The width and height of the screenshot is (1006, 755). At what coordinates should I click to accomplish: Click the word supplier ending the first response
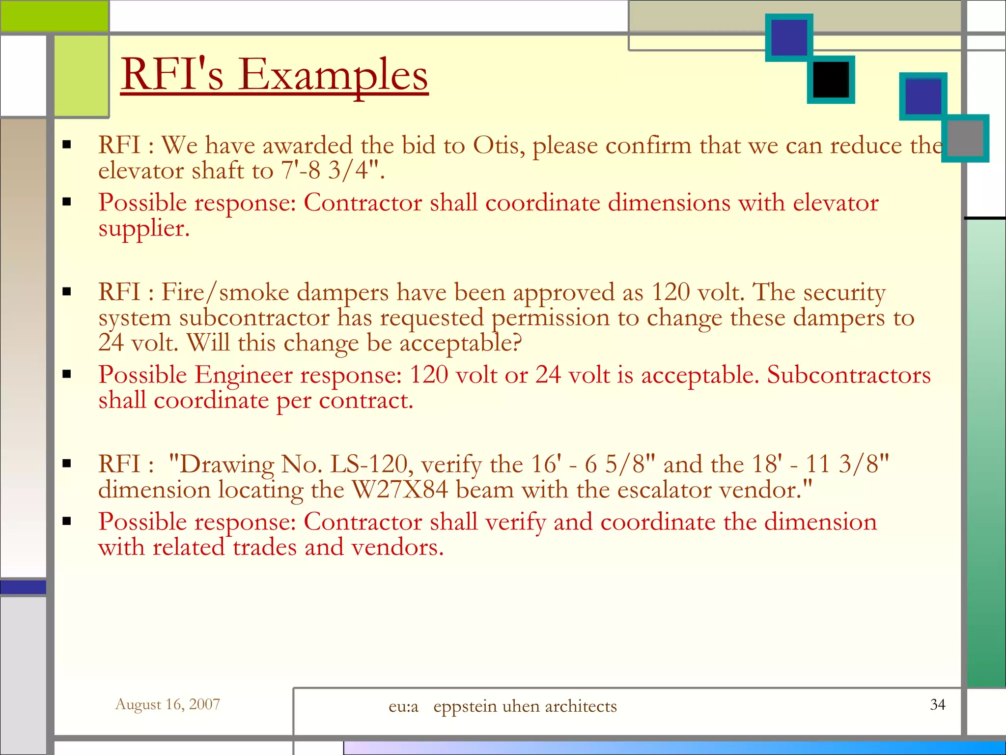(143, 229)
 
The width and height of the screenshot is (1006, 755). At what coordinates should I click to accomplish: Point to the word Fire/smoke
(225, 292)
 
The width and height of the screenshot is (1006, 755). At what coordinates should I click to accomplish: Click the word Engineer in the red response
(244, 375)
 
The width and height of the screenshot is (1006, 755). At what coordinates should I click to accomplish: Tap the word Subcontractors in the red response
(849, 375)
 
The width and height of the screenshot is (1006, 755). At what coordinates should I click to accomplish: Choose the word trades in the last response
(264, 547)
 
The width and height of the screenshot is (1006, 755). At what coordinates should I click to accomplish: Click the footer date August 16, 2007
(168, 704)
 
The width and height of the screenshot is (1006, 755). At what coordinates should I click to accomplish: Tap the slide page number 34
(938, 704)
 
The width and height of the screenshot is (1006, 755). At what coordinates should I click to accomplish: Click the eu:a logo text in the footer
(403, 706)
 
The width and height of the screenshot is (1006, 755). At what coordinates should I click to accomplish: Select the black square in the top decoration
(831, 80)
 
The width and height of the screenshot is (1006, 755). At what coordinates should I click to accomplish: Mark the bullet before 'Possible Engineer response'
(67, 375)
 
